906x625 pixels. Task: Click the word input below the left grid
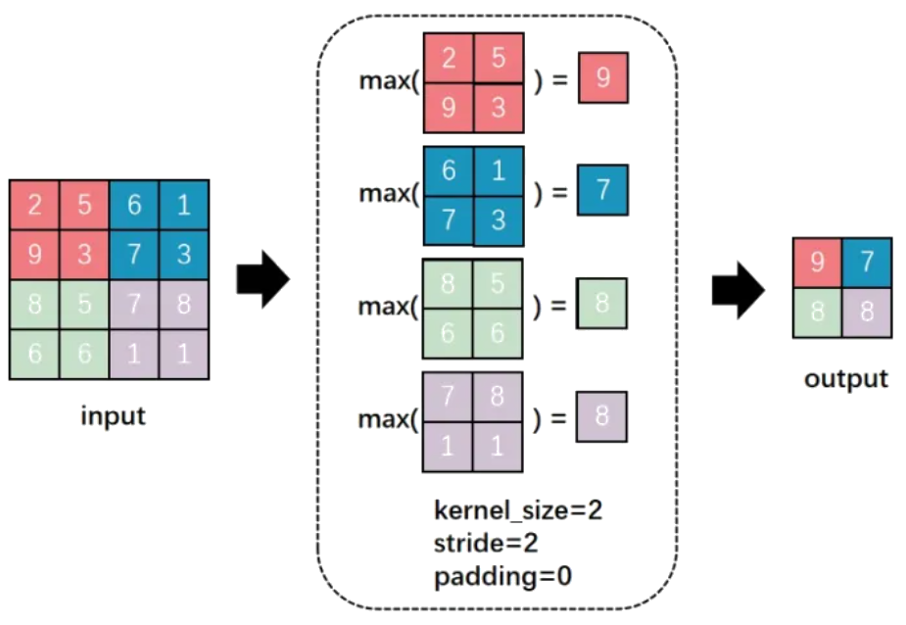click(113, 415)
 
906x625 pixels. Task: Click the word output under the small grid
click(846, 378)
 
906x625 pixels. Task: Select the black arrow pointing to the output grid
click(738, 290)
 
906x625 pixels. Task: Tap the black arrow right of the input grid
click(262, 279)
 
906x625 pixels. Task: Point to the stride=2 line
click(486, 542)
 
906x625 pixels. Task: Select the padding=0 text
click(502, 575)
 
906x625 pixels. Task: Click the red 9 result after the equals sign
click(602, 78)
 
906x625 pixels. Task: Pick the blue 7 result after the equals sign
click(602, 190)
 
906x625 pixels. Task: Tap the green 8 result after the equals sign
click(601, 304)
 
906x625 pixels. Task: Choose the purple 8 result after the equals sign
click(601, 416)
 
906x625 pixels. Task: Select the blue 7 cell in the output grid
click(868, 263)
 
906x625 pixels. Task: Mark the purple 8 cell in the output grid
click(868, 312)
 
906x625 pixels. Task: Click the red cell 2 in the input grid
click(34, 205)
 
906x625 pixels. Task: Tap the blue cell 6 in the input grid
click(134, 205)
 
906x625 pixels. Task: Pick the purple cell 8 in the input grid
click(184, 304)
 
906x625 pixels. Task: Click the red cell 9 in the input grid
click(34, 255)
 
